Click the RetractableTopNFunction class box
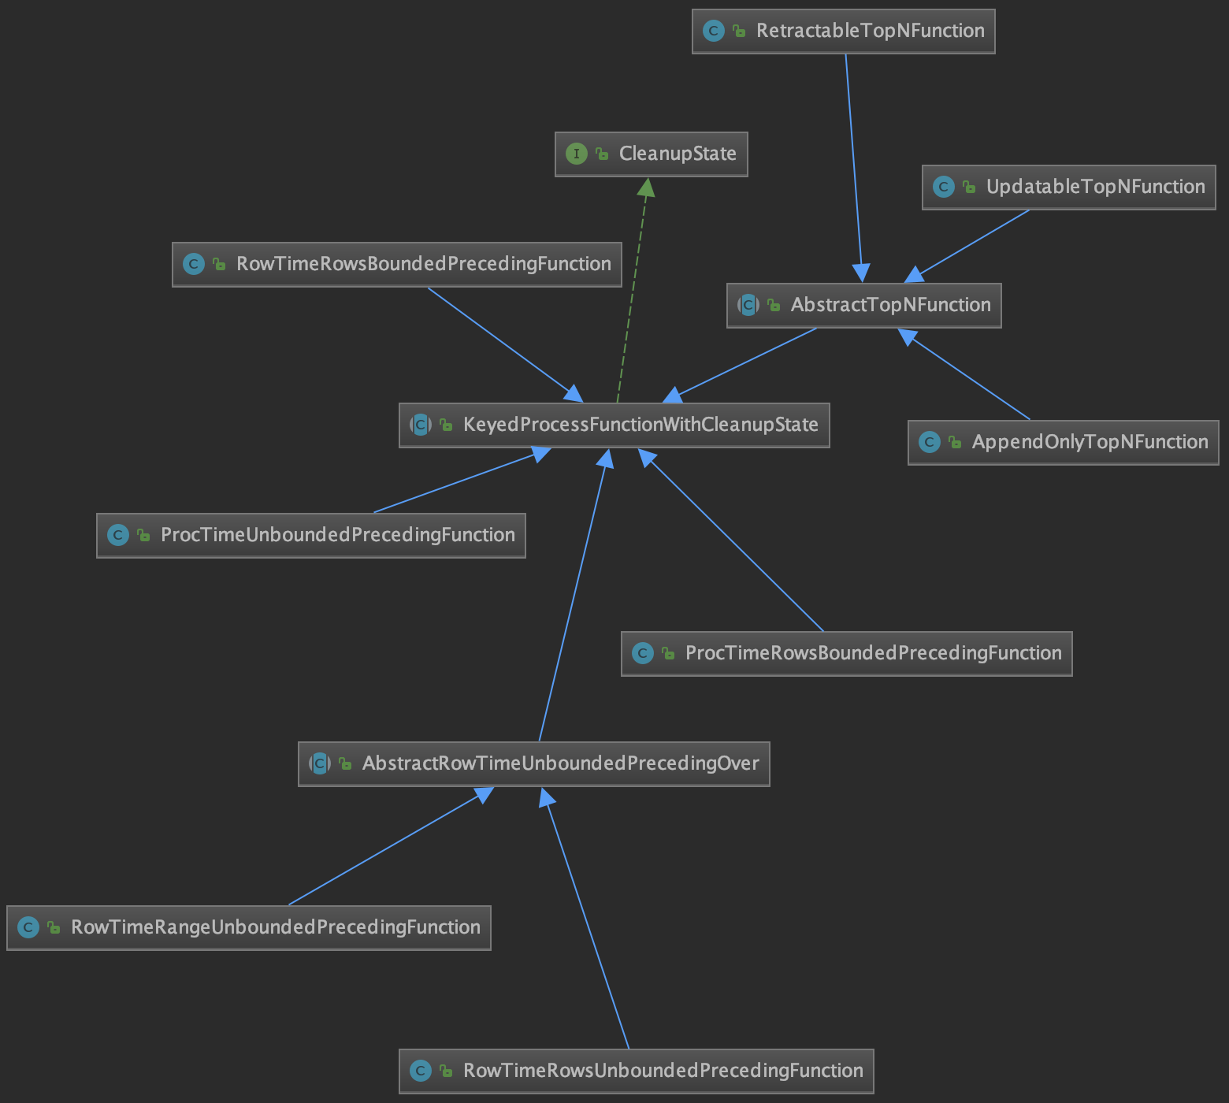pyautogui.click(x=843, y=32)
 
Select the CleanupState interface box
pyautogui.click(x=651, y=154)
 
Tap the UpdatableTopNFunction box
pyautogui.click(x=1068, y=187)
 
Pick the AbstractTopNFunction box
pyautogui.click(x=863, y=305)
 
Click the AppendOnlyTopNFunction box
pyautogui.click(x=1063, y=442)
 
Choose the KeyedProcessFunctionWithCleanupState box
pyautogui.click(x=614, y=425)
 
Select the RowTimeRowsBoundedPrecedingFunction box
pyautogui.click(x=396, y=264)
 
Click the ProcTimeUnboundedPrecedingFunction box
pyautogui.click(x=310, y=535)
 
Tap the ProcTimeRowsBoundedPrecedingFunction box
pyautogui.click(x=846, y=653)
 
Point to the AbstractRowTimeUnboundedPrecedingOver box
pyautogui.click(x=533, y=763)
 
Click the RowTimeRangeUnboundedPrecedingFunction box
pyautogui.click(x=248, y=927)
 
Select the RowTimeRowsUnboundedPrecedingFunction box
pyautogui.click(x=636, y=1071)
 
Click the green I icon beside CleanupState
pyautogui.click(x=577, y=154)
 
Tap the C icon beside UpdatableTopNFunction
pyautogui.click(x=944, y=187)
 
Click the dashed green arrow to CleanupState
pyautogui.click(x=632, y=292)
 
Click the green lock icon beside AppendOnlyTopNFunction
pyautogui.click(x=955, y=442)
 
